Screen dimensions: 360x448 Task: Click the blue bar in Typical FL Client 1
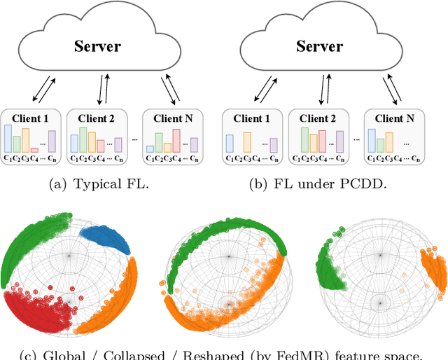coord(8,138)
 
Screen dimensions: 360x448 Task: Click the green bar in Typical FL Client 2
coord(83,139)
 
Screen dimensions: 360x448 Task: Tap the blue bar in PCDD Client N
coord(371,140)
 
